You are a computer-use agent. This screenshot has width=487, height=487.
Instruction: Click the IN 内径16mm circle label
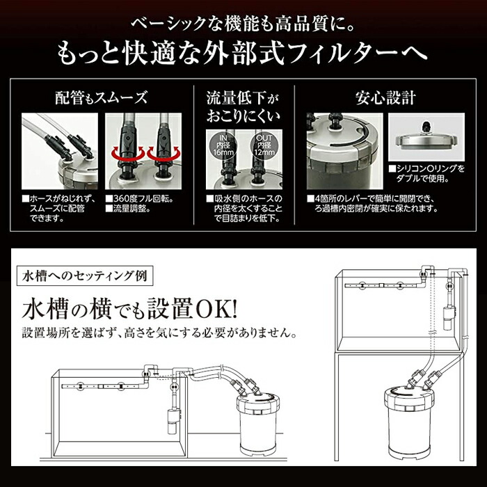tap(222, 146)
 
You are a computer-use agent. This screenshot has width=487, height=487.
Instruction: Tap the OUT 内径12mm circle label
tap(264, 146)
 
